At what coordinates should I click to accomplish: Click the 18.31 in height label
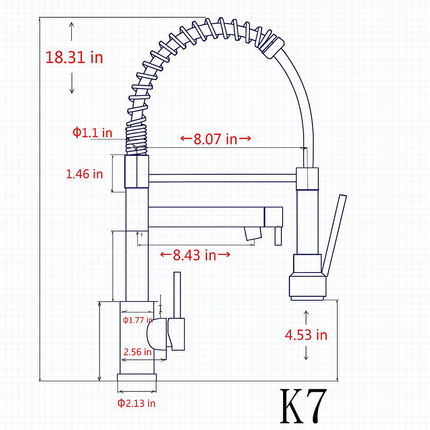(x=74, y=57)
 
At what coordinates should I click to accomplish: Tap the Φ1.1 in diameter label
(x=92, y=133)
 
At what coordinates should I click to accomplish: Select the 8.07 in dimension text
(x=215, y=139)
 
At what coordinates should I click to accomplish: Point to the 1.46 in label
(x=84, y=173)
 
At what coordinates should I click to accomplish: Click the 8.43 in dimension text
(x=195, y=254)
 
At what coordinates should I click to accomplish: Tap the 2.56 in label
(x=137, y=352)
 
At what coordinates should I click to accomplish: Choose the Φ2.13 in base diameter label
(x=136, y=404)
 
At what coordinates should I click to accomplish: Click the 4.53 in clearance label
(x=306, y=335)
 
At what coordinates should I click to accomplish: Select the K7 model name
(x=303, y=406)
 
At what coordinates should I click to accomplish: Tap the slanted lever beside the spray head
(x=334, y=235)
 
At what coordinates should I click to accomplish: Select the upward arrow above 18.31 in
(x=72, y=31)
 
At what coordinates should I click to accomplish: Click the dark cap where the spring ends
(x=273, y=45)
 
